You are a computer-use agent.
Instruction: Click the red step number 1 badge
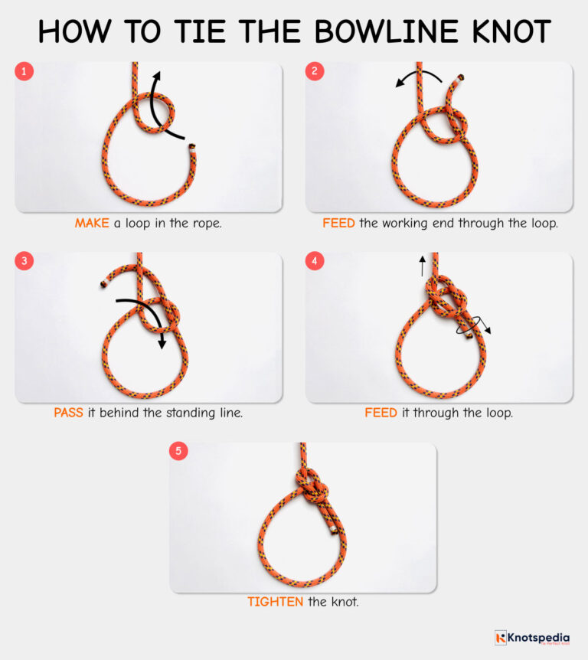[24, 72]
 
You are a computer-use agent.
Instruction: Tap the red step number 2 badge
[315, 72]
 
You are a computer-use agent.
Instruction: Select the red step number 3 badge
[24, 262]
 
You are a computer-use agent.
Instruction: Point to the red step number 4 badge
[315, 262]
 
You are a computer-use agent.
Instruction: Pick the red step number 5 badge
[178, 452]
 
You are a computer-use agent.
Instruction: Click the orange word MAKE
[93, 224]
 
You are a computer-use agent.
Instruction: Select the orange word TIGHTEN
[275, 603]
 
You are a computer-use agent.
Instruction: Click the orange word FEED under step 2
[338, 224]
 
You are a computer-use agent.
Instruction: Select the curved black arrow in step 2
[418, 76]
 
